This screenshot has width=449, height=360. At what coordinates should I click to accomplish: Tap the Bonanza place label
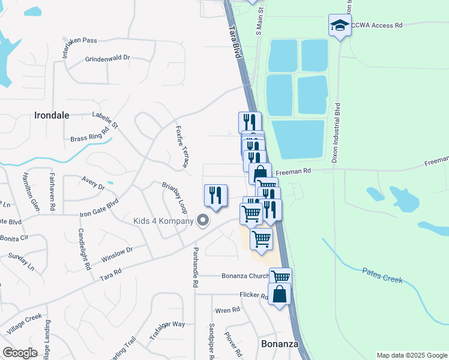pos(279,344)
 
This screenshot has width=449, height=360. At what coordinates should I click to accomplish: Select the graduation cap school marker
pos(339,26)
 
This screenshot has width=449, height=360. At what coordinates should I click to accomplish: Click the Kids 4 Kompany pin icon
pos(203,221)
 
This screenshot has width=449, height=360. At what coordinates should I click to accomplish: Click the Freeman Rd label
pos(298,171)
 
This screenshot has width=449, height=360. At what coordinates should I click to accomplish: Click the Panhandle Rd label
pos(195,267)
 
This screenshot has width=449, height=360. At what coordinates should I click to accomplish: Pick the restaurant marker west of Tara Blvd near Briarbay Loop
pos(215,195)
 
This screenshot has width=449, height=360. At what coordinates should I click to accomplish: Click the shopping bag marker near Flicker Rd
pos(279,294)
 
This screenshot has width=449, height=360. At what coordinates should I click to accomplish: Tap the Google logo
pos(20,353)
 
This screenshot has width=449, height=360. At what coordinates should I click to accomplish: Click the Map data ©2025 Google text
pos(411,355)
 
